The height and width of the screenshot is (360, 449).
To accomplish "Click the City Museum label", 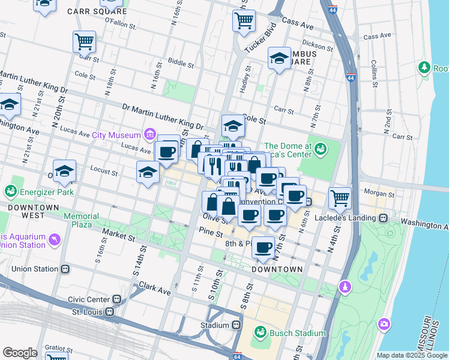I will [x=116, y=134].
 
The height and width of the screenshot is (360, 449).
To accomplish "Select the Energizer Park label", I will [x=47, y=192].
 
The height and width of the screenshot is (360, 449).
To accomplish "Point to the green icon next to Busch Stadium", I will [x=261, y=332].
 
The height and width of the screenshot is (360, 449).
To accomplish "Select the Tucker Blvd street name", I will [x=264, y=37].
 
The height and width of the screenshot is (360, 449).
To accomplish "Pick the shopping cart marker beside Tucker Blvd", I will [x=244, y=20].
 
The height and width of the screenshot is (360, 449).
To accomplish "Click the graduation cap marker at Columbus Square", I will [x=279, y=58].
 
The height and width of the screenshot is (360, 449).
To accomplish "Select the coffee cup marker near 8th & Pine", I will [x=262, y=247].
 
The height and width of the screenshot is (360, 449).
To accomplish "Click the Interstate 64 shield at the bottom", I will [x=238, y=356].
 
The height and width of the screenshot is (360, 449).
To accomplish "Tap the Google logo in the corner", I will [x=20, y=353].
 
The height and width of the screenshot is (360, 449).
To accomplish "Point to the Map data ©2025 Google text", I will [x=411, y=355].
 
